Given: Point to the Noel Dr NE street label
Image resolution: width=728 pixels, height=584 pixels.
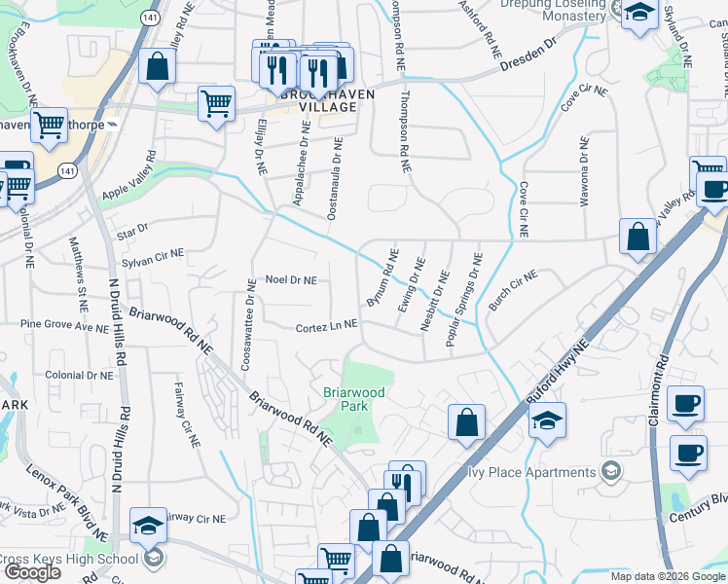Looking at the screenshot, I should [x=291, y=280].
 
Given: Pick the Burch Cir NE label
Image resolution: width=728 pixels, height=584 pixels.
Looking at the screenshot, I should [x=513, y=290].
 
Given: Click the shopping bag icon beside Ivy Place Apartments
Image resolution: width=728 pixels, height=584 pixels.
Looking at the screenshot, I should [x=466, y=422].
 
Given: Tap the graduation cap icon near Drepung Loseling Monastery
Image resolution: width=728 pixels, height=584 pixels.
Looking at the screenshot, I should [x=638, y=14].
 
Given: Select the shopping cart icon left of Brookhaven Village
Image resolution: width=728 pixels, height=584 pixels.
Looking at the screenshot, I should [x=216, y=102].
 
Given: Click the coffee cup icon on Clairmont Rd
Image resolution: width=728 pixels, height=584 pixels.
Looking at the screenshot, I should [x=687, y=403].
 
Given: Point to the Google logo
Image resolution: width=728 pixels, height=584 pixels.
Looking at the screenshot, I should [x=33, y=572].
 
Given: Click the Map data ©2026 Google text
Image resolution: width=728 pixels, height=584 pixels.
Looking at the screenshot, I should [x=667, y=576].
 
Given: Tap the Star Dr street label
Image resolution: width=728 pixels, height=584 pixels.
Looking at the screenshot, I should [x=130, y=230].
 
